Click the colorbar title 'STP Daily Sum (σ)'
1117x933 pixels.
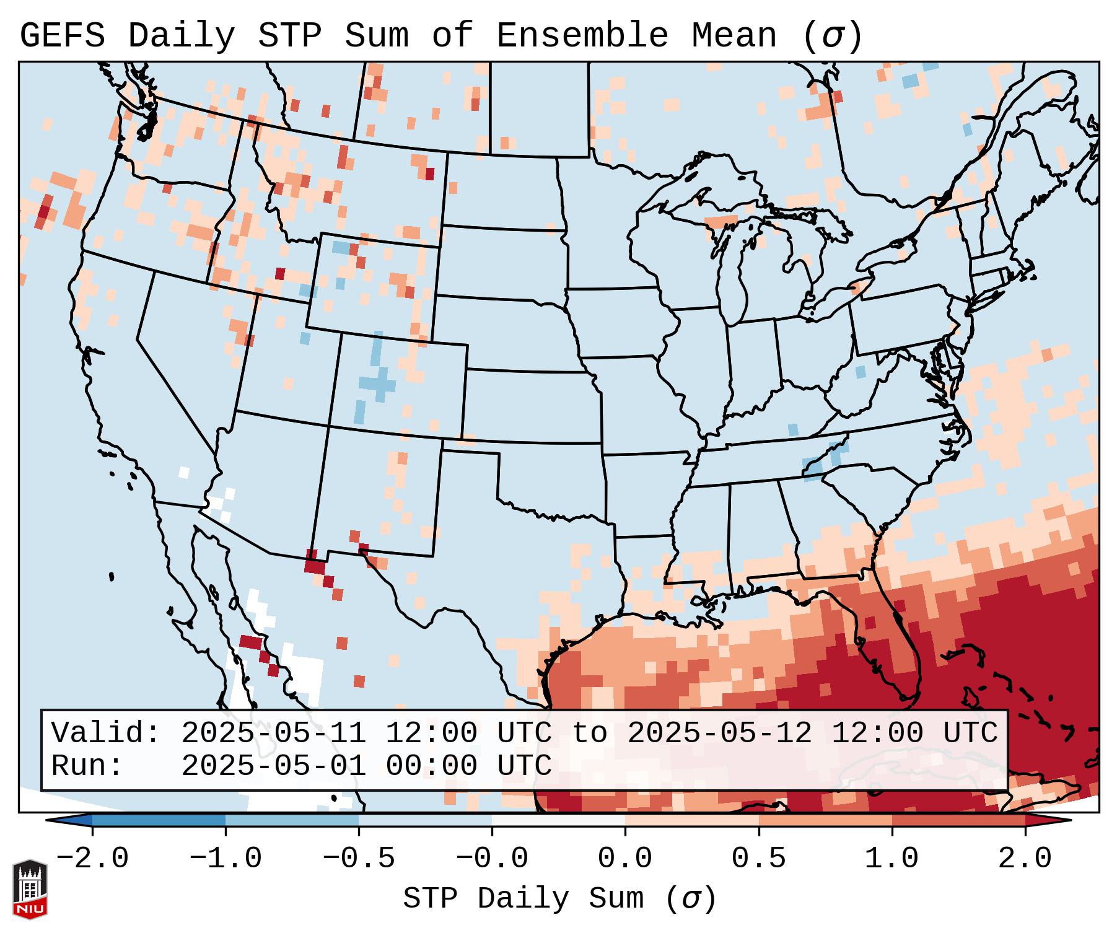pos(559,899)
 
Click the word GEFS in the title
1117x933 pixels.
pos(62,36)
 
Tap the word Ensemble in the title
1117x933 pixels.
pos(582,36)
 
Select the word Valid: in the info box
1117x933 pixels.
pos(106,734)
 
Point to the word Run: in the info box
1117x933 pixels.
pos(87,766)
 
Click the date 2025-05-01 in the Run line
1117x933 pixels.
pos(273,766)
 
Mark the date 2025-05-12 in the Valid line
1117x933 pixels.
pos(719,734)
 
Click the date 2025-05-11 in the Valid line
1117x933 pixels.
pos(273,734)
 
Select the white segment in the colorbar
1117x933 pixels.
pos(558,820)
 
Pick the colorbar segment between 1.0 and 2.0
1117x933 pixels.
pos(958,820)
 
